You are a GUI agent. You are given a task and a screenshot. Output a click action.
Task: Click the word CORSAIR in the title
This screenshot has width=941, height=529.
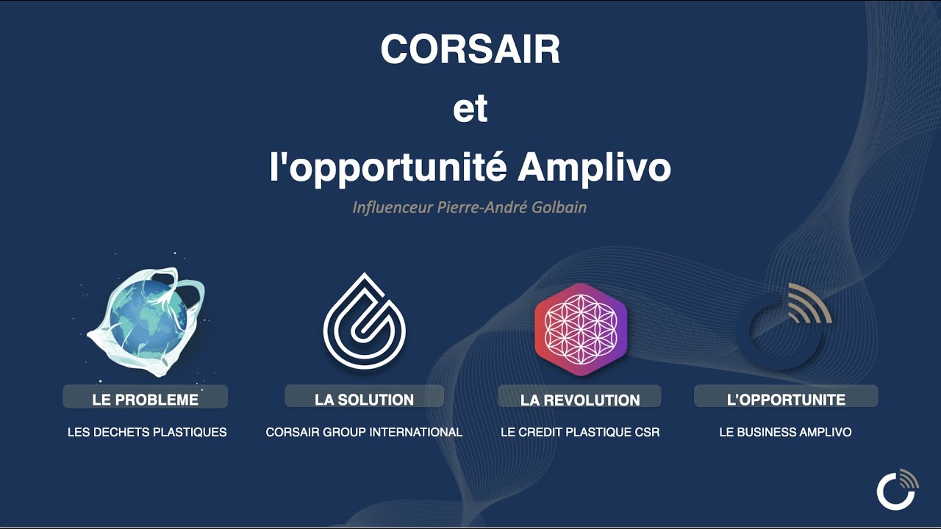click(x=470, y=49)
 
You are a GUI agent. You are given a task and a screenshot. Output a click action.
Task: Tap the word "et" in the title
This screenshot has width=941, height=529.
click(x=470, y=108)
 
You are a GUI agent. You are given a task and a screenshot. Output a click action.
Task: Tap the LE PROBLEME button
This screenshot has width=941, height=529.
click(x=146, y=397)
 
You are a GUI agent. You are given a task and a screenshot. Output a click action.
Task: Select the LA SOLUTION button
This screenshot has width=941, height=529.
click(x=364, y=396)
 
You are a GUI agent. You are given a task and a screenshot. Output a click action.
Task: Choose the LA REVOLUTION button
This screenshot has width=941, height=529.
click(x=579, y=396)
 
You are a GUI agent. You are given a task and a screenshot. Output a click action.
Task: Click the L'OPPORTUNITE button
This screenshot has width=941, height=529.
click(x=786, y=396)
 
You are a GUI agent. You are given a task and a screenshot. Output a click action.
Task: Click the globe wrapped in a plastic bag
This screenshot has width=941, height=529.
click(x=148, y=321)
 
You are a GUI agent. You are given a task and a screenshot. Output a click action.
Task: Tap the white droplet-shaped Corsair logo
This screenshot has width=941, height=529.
click(x=364, y=322)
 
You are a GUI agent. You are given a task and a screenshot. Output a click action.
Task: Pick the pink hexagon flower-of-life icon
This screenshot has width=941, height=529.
click(x=581, y=329)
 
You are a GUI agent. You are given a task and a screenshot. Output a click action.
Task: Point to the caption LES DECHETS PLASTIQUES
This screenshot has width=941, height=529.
click(x=147, y=432)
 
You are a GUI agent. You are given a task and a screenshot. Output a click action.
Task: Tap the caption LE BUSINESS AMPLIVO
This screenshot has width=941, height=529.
click(x=786, y=432)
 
